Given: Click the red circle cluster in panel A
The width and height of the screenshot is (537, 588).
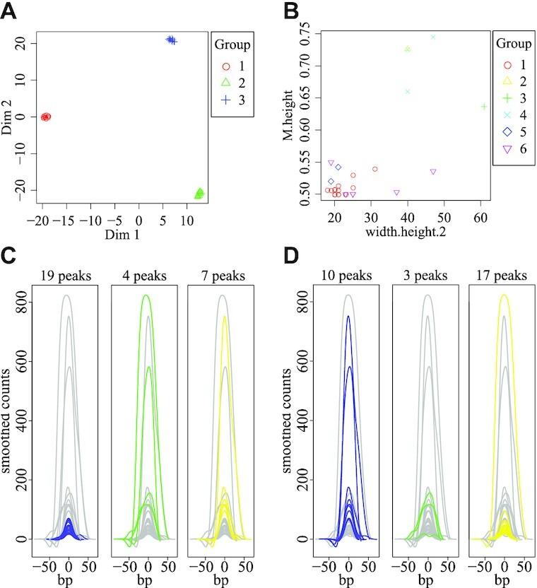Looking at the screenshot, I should click(x=46, y=117).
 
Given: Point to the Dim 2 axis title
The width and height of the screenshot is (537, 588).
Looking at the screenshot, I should click(x=9, y=117).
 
